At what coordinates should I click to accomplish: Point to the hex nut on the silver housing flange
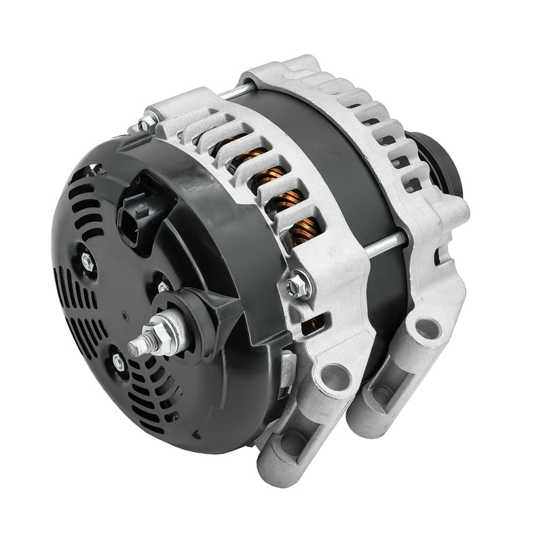(x=296, y=286)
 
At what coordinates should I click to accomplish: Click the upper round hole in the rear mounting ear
(x=426, y=329)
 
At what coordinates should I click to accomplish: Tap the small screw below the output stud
(x=119, y=362)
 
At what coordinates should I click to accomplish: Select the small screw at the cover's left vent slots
(x=88, y=261)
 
